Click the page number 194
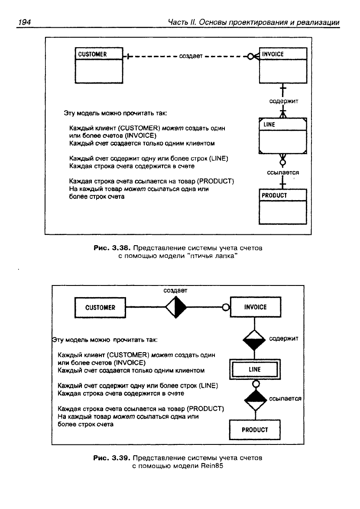[24, 22]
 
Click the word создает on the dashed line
[191, 56]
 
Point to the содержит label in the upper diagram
[284, 101]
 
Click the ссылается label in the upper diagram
[283, 172]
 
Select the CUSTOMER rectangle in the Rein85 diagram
[101, 308]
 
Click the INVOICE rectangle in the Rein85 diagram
[256, 307]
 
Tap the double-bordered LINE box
[255, 370]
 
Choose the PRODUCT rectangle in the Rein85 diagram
[255, 430]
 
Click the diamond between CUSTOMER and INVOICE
[176, 307]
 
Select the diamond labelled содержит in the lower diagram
[254, 340]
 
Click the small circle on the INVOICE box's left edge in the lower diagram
[226, 308]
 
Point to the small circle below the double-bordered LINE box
[256, 384]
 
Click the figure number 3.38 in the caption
[121, 248]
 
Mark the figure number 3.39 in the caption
[121, 458]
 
